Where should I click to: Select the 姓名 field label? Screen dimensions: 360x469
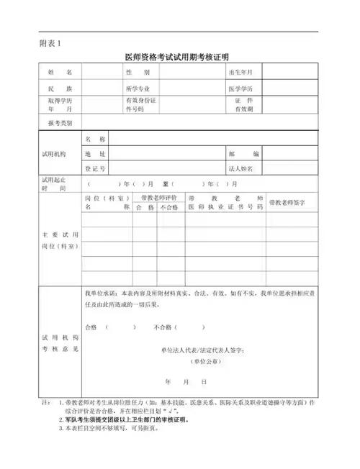60,73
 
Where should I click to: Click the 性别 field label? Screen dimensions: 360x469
138,73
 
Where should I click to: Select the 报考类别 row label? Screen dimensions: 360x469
60,122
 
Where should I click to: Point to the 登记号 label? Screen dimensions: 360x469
96,168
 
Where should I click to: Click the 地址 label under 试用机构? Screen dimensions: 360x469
96,154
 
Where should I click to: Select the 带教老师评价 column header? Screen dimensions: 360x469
154,196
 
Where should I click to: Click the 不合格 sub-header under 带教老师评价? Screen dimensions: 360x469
168,207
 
